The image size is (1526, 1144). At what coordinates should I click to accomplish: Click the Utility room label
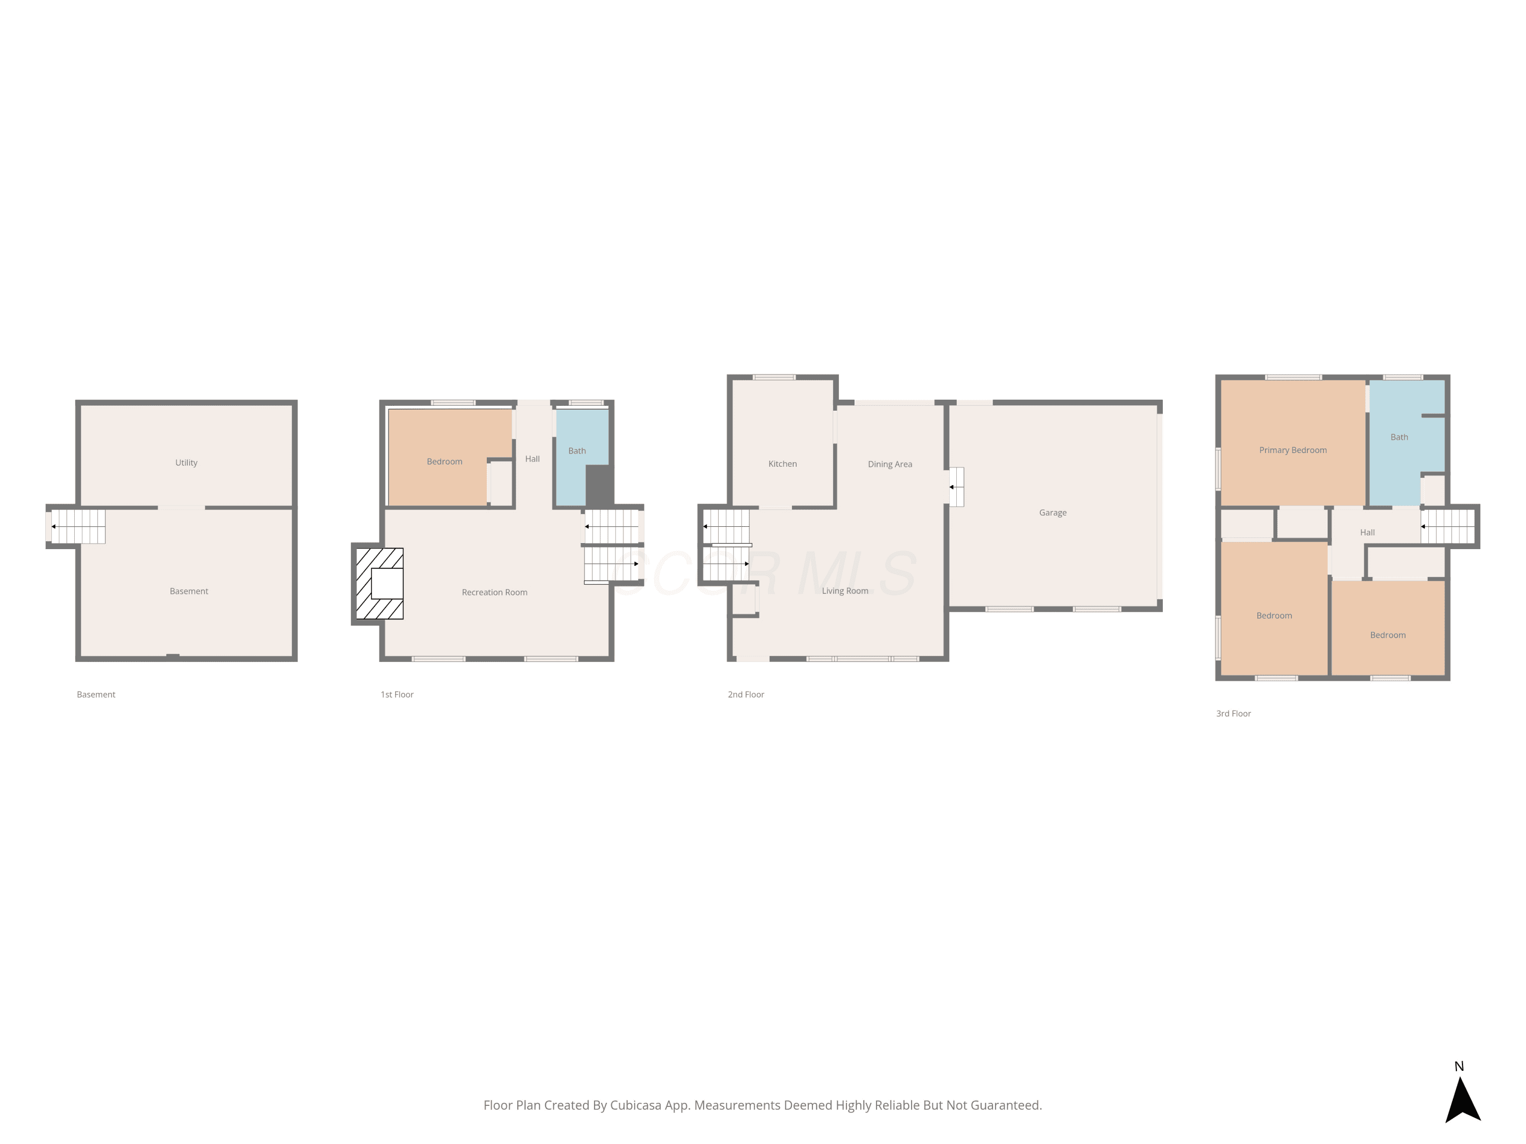click(x=186, y=463)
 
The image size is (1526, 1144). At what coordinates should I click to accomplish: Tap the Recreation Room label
click(x=494, y=592)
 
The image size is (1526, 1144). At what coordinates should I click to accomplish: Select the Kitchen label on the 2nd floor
click(x=782, y=464)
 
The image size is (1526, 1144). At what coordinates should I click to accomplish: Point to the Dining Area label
click(x=890, y=464)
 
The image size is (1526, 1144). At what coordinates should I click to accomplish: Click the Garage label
click(x=1053, y=513)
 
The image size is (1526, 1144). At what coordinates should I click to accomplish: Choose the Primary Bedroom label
click(x=1293, y=450)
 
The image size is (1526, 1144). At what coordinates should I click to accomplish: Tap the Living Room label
click(x=845, y=591)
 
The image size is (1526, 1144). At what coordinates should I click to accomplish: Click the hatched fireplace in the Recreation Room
click(x=379, y=583)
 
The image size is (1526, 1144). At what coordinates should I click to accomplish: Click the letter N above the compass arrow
click(x=1459, y=1066)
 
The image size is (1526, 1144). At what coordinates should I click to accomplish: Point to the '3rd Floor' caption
click(x=1234, y=714)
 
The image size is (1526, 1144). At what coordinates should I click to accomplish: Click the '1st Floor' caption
click(x=397, y=695)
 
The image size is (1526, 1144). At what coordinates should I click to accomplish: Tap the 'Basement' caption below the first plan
click(x=96, y=695)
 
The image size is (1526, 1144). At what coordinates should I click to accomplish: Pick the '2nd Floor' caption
click(x=746, y=695)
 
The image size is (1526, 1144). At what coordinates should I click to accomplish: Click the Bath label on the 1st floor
click(x=577, y=451)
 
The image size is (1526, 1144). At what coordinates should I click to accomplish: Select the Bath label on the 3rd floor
click(x=1399, y=437)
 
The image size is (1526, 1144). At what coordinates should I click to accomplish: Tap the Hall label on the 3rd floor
click(x=1367, y=532)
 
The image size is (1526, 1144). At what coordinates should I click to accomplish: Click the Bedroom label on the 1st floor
click(x=444, y=461)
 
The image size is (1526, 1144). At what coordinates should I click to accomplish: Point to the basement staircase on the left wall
click(x=78, y=527)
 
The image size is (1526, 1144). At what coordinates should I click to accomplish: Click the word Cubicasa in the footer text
click(x=636, y=1105)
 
